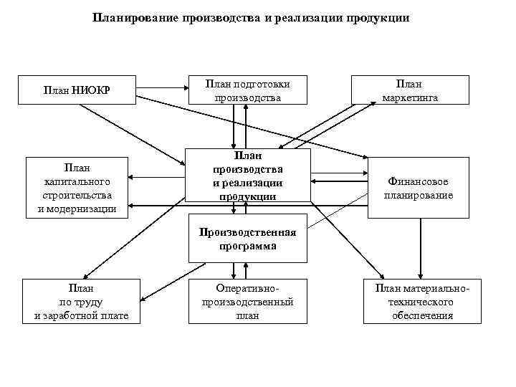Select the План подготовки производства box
tap(247, 90)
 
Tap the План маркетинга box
tap(411, 90)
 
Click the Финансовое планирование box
tap(418, 188)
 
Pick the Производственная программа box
tap(247, 239)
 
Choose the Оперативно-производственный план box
tap(247, 301)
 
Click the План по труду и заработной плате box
tap(81, 301)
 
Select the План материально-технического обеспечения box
tap(422, 301)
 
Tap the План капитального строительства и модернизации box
tap(77, 188)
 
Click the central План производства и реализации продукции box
tap(247, 176)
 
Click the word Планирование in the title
tap(135, 18)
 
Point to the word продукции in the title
tap(376, 18)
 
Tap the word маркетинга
tap(411, 97)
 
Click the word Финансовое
tap(419, 181)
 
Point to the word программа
tap(247, 245)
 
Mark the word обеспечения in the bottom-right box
tap(422, 315)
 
